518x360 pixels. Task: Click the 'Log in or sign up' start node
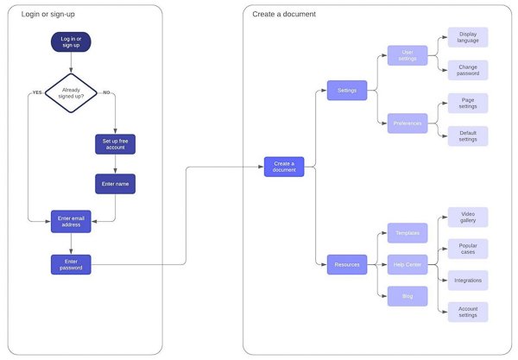point(71,42)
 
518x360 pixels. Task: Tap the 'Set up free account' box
point(115,143)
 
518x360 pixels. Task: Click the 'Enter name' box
point(115,184)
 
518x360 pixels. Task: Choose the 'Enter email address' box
point(71,221)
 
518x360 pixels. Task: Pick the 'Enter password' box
point(71,264)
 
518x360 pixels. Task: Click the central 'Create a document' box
point(284,167)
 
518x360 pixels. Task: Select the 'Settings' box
point(347,90)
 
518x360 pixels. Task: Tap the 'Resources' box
point(347,264)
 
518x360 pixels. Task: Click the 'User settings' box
point(407,55)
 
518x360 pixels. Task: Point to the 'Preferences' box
point(407,123)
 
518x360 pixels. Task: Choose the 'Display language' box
point(468,37)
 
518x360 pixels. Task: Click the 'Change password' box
point(468,71)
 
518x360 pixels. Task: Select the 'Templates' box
point(407,233)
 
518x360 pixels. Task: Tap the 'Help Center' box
point(407,264)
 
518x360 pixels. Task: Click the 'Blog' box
point(407,295)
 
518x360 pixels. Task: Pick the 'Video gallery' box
point(468,217)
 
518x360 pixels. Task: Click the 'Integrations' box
point(468,281)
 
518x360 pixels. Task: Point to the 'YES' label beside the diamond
point(37,92)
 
